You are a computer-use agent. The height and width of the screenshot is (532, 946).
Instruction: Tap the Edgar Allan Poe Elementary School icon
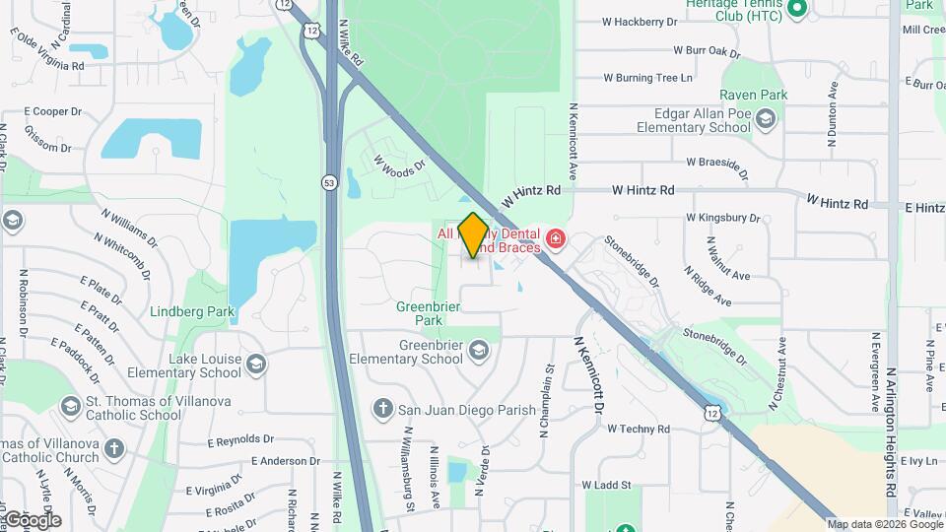point(766,119)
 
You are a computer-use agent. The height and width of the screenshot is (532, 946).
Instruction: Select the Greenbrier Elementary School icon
point(478,351)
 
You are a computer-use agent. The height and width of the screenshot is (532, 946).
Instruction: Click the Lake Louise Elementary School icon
point(256,366)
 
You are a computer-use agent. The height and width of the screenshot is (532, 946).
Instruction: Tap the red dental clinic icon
point(556,239)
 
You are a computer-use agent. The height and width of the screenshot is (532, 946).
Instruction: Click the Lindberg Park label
point(192,312)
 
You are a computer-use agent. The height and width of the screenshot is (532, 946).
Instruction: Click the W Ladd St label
point(606,485)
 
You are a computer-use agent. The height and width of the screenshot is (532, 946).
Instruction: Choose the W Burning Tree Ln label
point(647,77)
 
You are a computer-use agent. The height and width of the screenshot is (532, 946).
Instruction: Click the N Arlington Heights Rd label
point(890,433)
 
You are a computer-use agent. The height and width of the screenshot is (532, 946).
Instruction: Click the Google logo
point(33,519)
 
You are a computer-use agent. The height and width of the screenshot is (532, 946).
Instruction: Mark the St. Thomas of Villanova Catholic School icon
point(70,406)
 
